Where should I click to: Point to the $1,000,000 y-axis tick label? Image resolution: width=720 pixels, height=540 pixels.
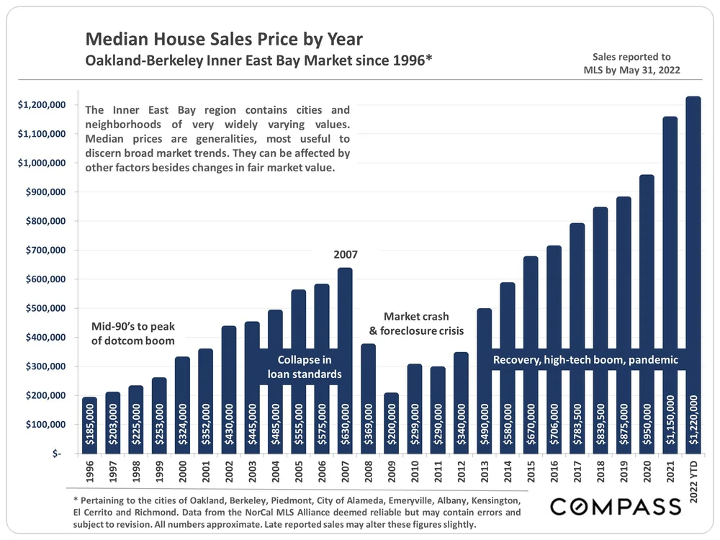[x=46, y=163]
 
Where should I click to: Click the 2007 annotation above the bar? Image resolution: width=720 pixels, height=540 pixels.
[x=345, y=254]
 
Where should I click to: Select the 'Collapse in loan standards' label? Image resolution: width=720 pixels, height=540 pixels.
[x=304, y=366]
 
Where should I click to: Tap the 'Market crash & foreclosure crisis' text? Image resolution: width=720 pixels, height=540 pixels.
[x=416, y=323]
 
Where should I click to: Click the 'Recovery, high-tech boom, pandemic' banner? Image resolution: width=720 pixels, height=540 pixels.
[x=585, y=359]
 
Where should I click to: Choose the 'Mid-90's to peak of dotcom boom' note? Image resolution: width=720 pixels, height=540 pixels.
[x=133, y=333]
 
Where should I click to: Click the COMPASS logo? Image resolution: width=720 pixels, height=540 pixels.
[x=616, y=505]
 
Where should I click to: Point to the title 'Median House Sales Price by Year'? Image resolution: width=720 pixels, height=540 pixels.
[x=224, y=38]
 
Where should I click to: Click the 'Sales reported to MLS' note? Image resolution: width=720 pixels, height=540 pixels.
[x=631, y=63]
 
